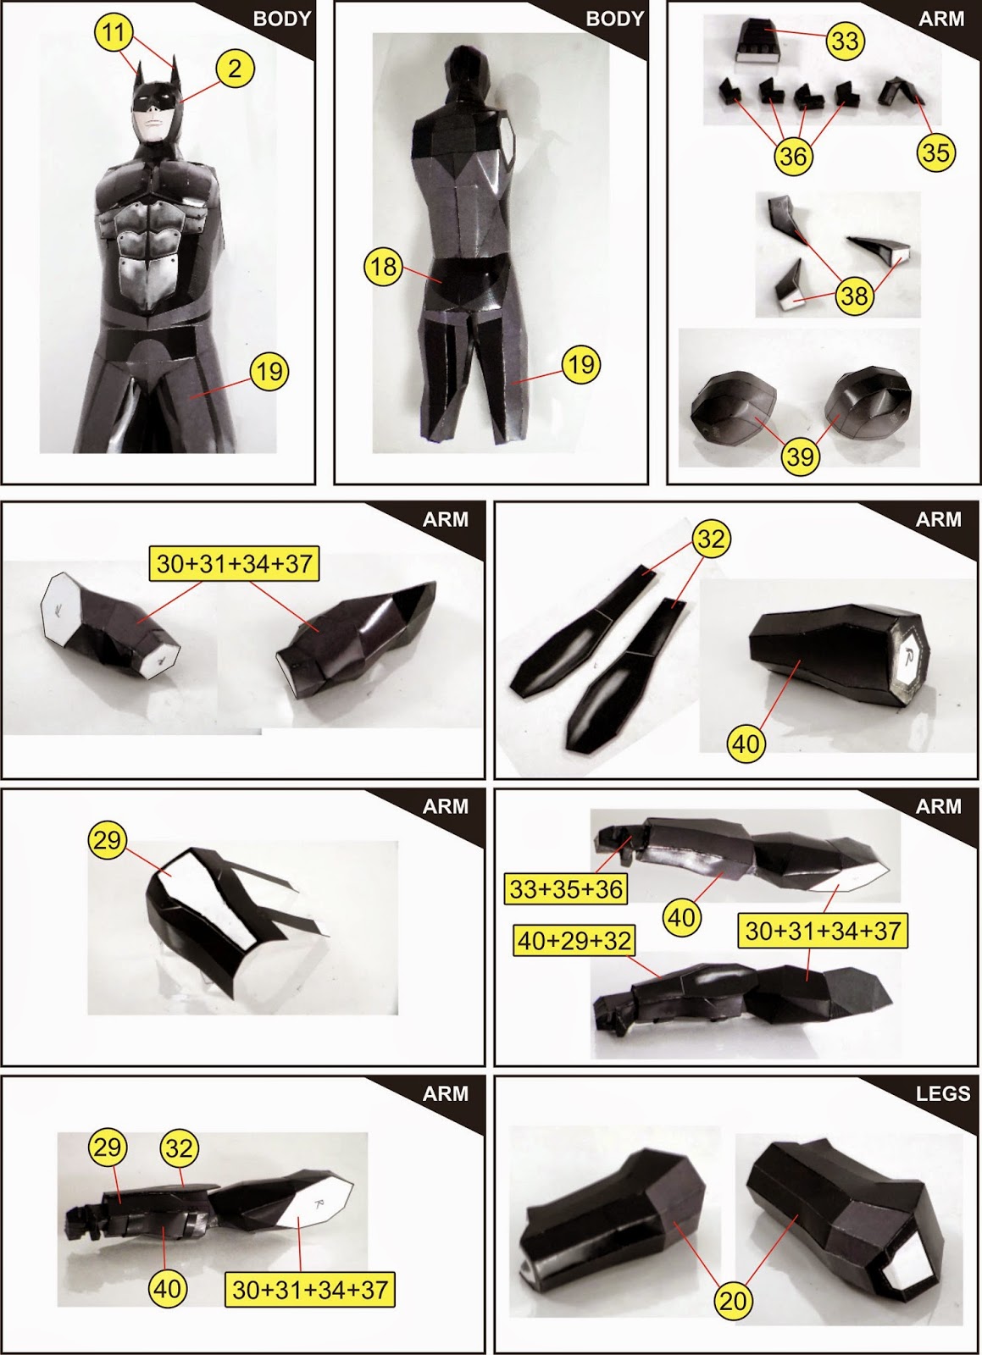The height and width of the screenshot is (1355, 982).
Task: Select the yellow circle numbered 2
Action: click(234, 68)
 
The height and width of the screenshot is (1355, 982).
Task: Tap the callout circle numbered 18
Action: click(384, 266)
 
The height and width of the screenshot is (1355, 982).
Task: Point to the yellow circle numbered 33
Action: click(846, 41)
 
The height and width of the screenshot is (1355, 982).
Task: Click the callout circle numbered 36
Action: click(793, 156)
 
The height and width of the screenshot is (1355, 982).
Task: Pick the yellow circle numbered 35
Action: click(936, 152)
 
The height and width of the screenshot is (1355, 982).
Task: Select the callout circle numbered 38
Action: click(855, 296)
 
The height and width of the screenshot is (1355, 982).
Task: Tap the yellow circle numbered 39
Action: click(800, 456)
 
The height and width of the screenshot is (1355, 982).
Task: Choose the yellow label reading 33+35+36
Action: click(566, 888)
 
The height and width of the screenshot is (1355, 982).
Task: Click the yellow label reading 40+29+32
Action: click(574, 940)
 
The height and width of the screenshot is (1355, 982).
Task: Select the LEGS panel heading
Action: click(943, 1093)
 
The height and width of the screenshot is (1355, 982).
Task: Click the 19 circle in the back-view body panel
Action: click(581, 365)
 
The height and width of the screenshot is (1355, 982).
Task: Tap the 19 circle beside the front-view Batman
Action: click(269, 372)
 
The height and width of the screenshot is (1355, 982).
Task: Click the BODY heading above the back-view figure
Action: click(615, 19)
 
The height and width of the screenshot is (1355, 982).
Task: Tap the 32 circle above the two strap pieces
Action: click(711, 539)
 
